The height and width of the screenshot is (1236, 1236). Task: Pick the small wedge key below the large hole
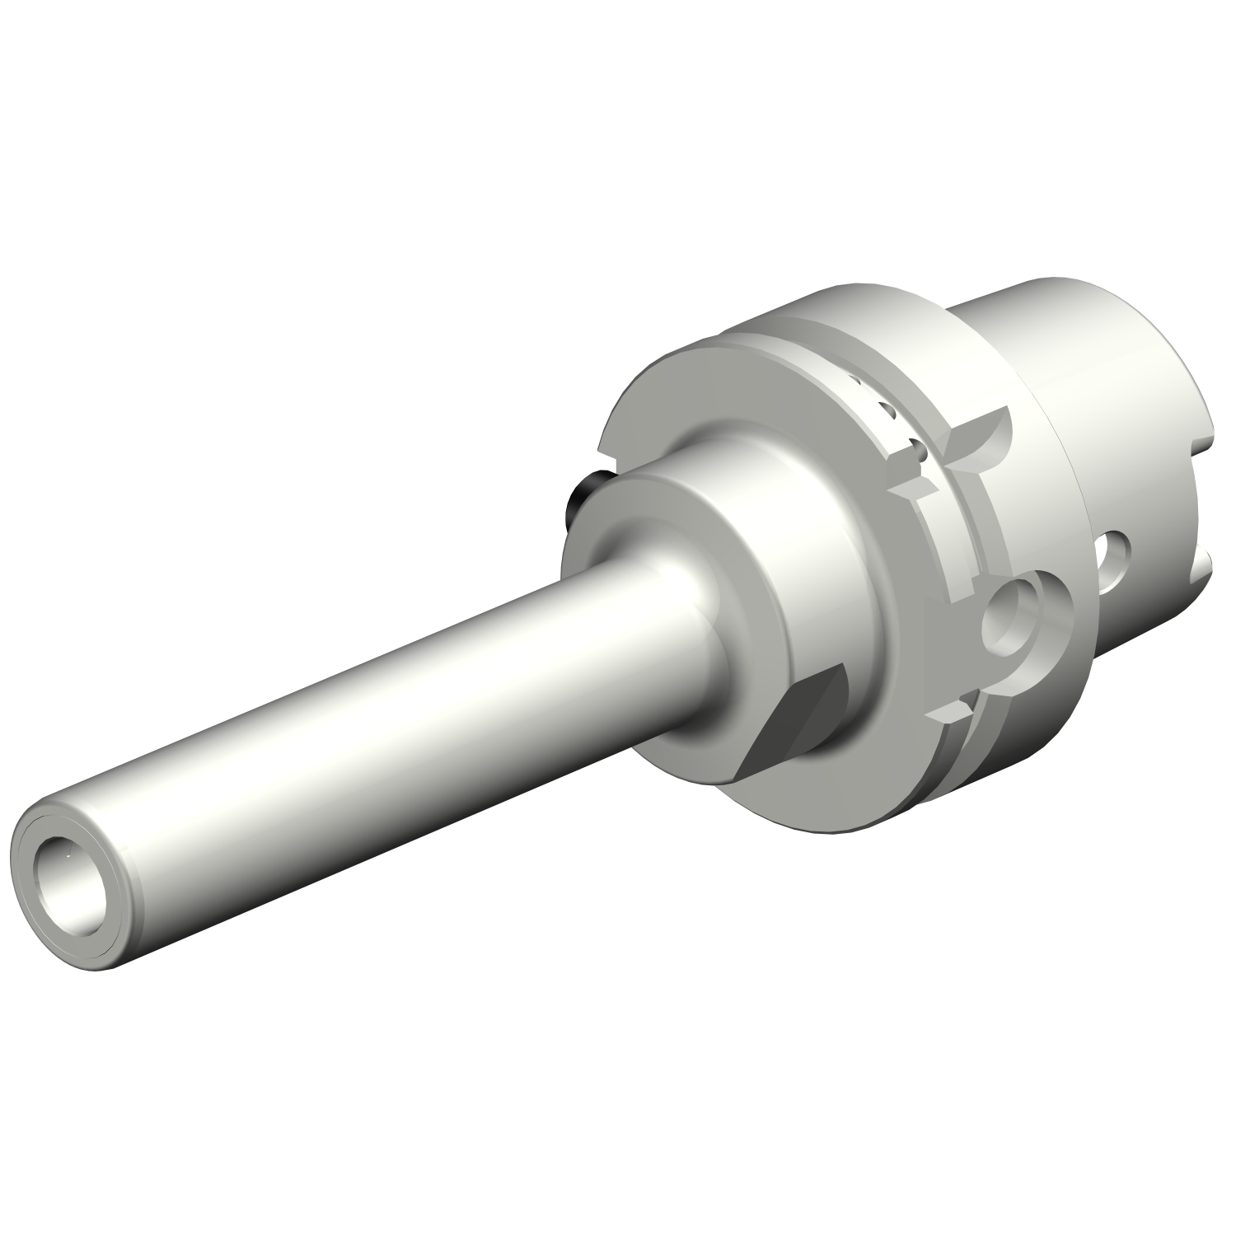tap(956, 708)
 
